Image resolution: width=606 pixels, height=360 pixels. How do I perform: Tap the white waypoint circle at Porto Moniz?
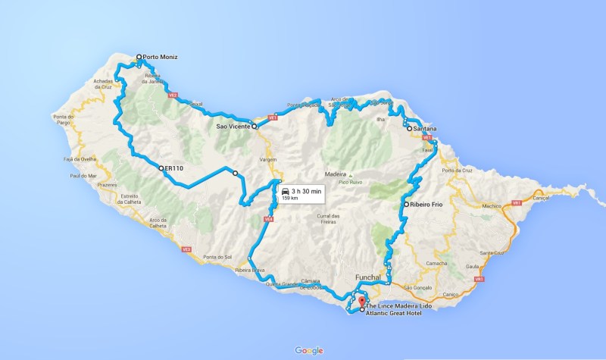139,57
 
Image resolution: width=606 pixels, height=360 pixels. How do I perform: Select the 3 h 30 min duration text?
307,192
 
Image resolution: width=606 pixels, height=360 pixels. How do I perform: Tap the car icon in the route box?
284,192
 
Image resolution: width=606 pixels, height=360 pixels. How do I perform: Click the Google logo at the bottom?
309,350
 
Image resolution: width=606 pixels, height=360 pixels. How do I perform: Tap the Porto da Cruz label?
461,170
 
